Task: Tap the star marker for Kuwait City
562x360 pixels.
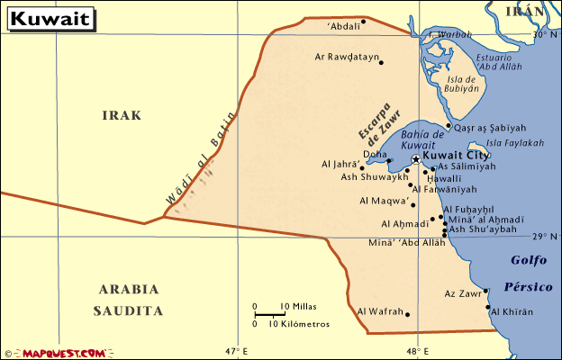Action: (415, 159)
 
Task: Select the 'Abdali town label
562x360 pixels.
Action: (343, 26)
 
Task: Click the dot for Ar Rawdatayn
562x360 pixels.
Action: (381, 62)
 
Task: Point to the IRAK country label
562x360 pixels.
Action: (122, 115)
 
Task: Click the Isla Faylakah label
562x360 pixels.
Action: (515, 143)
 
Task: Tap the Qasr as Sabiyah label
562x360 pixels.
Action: (490, 128)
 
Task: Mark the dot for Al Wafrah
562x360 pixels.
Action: (408, 314)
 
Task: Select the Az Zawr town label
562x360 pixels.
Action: (462, 292)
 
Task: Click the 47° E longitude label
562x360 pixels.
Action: (236, 351)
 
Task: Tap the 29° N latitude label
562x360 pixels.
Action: (546, 236)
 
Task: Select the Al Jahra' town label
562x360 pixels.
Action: (339, 166)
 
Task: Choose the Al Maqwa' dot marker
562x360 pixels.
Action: (413, 205)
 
